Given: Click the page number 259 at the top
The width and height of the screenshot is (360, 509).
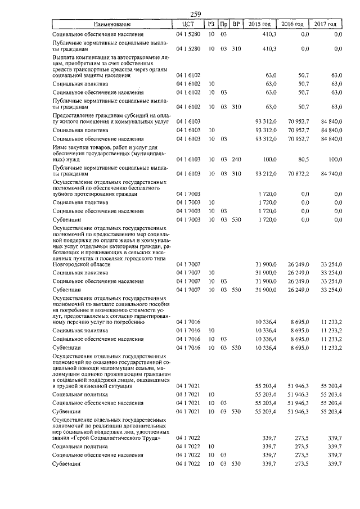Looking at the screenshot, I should (196, 15).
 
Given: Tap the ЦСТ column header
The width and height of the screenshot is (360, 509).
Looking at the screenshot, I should (188, 24).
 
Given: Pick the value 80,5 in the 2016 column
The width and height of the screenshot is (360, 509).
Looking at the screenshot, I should (303, 159).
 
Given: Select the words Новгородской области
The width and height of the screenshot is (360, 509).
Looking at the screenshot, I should (80, 263).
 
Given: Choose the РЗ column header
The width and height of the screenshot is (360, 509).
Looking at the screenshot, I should (211, 24).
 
